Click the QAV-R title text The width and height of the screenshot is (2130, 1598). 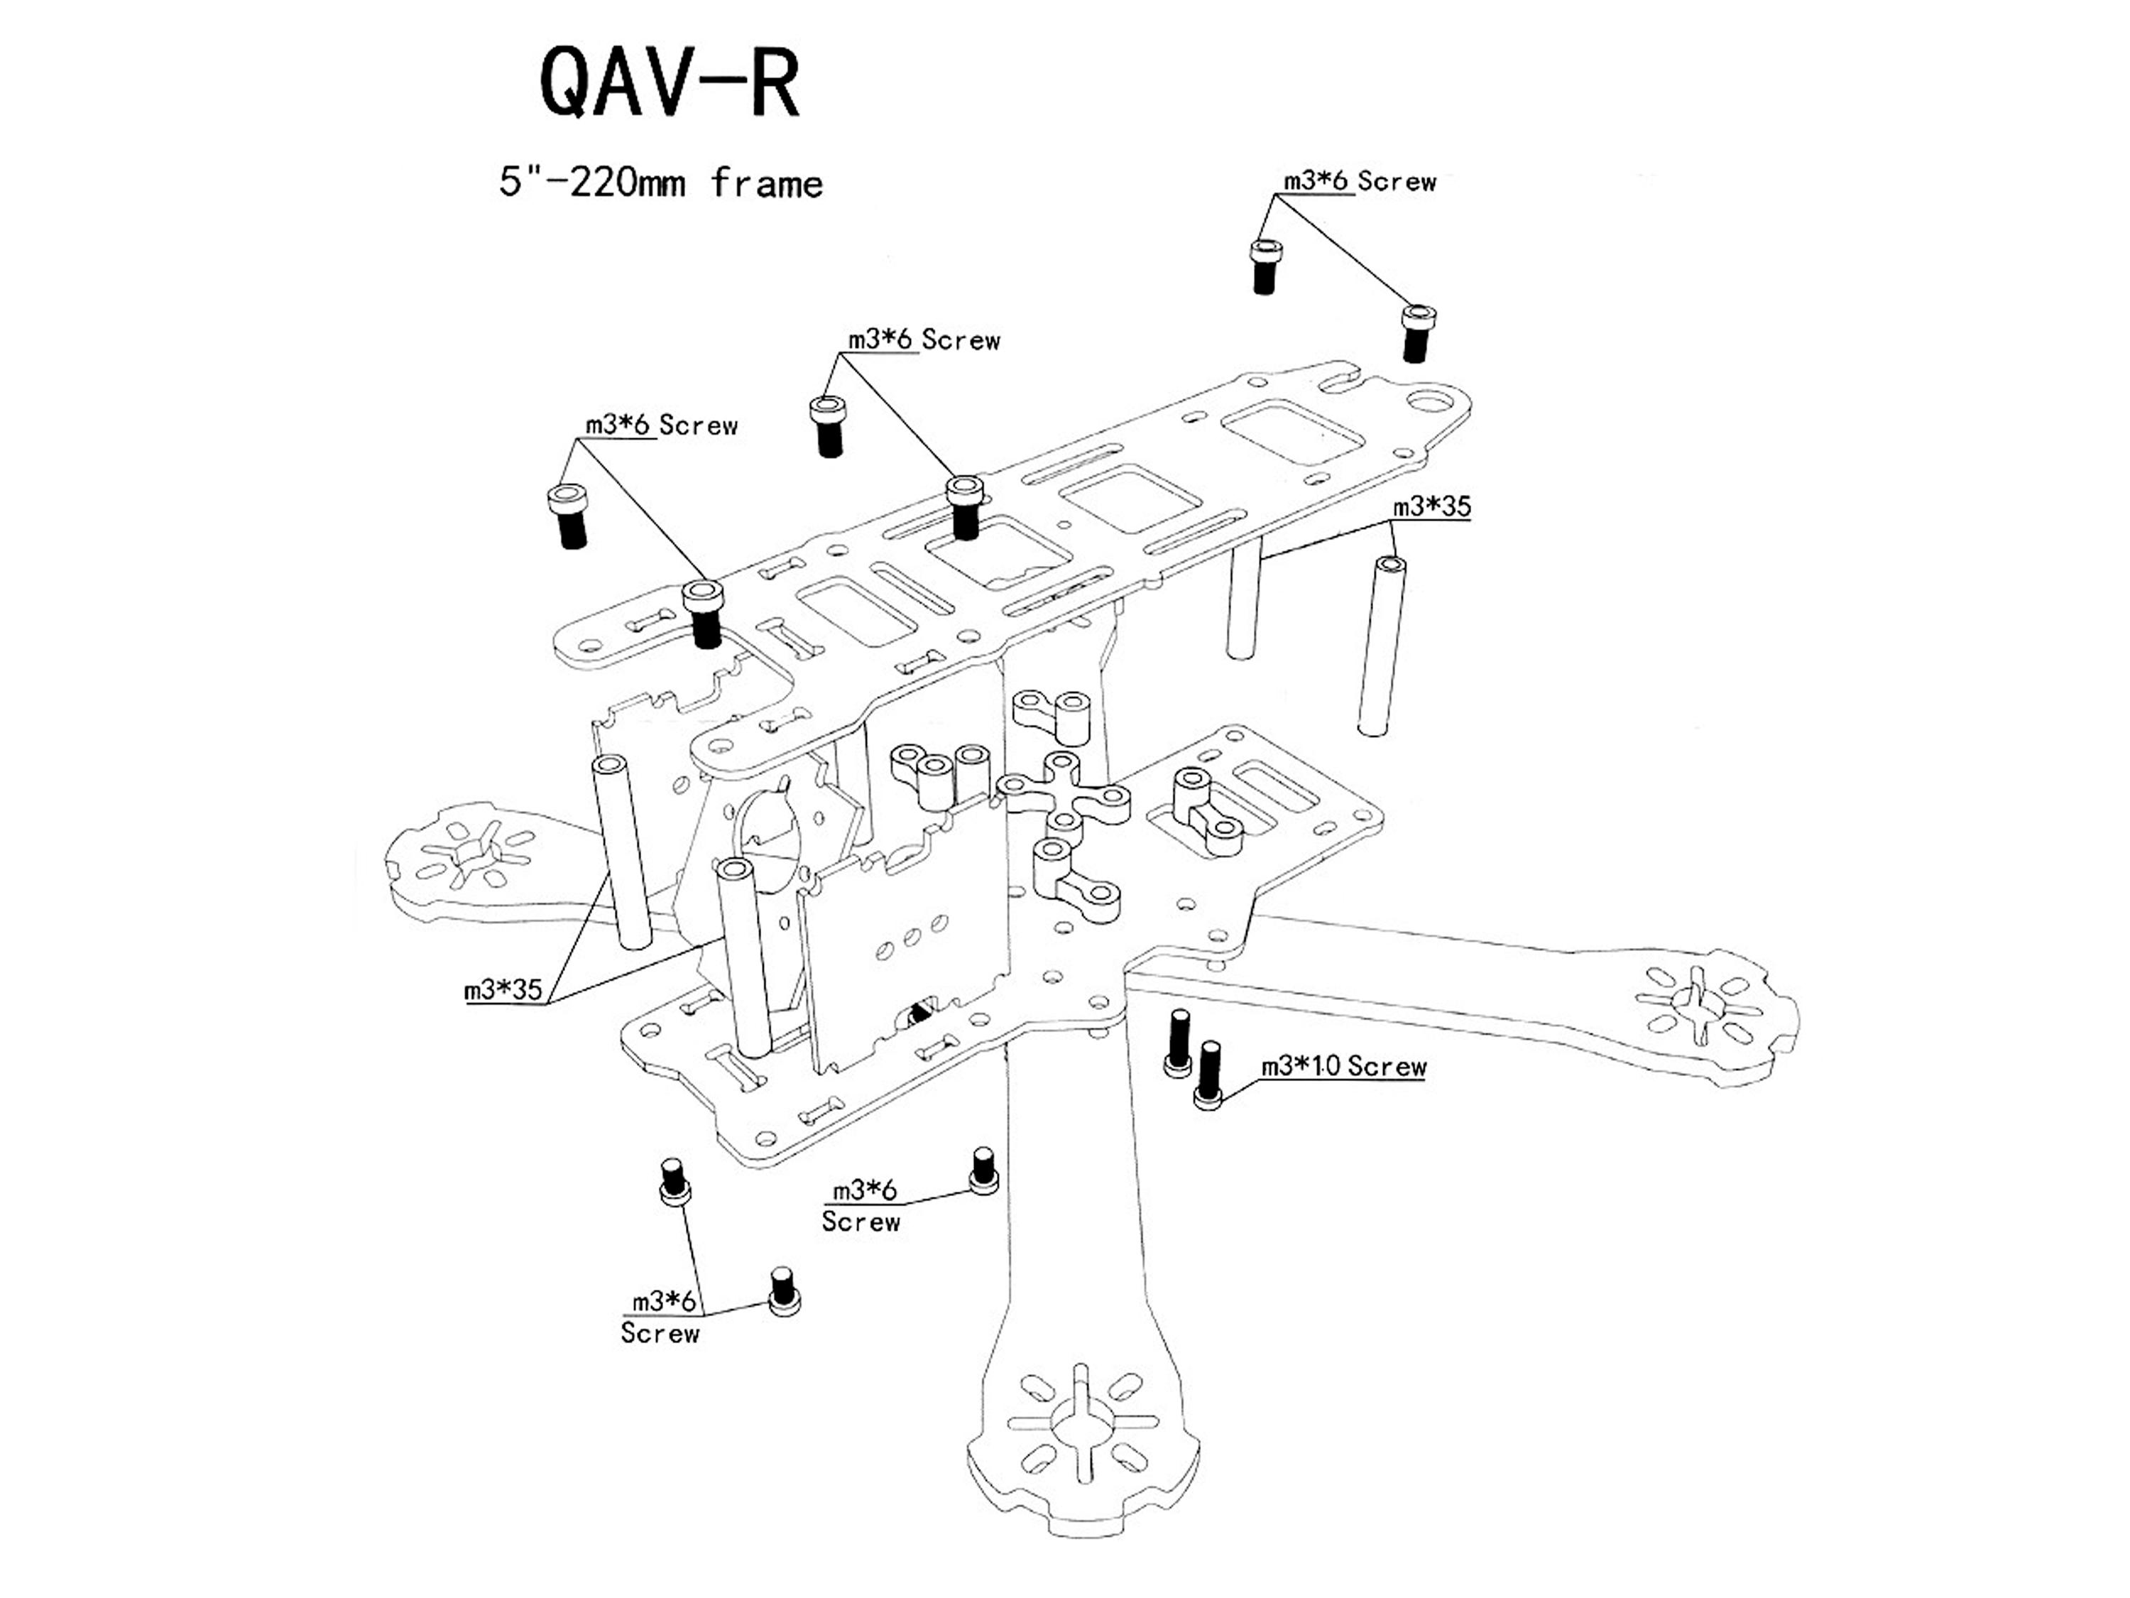(x=670, y=85)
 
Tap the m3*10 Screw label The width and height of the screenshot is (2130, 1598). (x=1343, y=1066)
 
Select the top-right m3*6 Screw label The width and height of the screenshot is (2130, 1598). (x=1359, y=181)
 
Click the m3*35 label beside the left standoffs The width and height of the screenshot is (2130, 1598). (x=503, y=989)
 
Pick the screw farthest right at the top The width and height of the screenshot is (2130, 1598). (x=1414, y=333)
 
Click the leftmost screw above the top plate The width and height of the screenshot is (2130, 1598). (x=570, y=516)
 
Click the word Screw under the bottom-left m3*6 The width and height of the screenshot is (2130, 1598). (x=660, y=1333)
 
